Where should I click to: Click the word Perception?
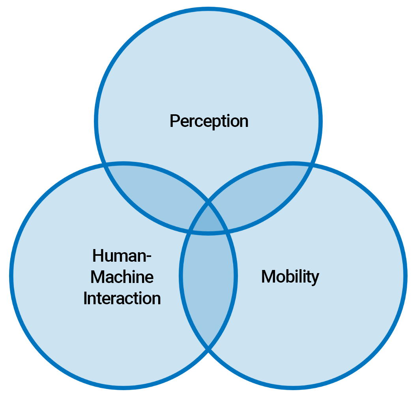click(209, 121)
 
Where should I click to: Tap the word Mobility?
click(290, 277)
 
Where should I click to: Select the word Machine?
click(122, 277)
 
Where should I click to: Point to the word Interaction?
click(122, 298)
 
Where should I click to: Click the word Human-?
click(122, 256)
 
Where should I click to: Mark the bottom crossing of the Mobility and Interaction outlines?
click(208, 348)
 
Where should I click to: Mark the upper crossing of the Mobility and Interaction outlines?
click(208, 204)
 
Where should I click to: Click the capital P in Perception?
click(174, 121)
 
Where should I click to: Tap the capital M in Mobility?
click(268, 277)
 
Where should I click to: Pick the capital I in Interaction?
click(85, 298)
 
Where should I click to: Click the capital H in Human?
click(97, 256)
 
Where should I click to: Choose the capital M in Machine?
click(97, 277)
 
